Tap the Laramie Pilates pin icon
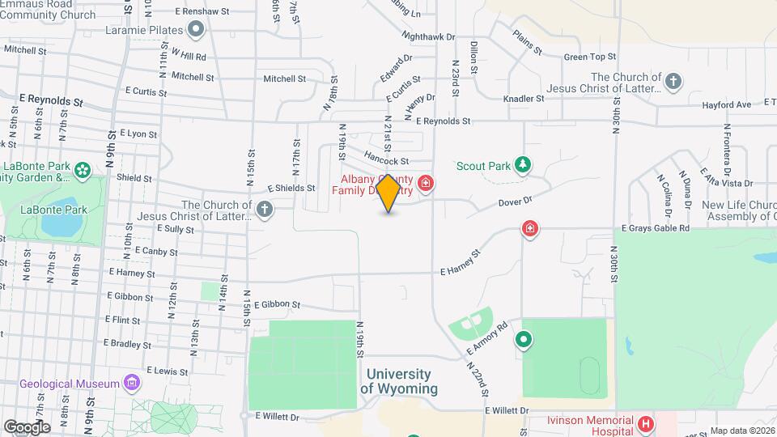[195, 31]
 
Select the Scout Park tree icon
[523, 166]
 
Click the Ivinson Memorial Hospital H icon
[645, 423]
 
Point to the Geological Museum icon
[132, 384]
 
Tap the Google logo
[27, 426]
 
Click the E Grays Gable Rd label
[655, 229]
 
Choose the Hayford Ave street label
[726, 104]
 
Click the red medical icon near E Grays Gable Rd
[530, 230]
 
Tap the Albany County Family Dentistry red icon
[426, 185]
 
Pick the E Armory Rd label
[487, 337]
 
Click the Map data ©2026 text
[742, 431]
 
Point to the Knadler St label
[524, 99]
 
